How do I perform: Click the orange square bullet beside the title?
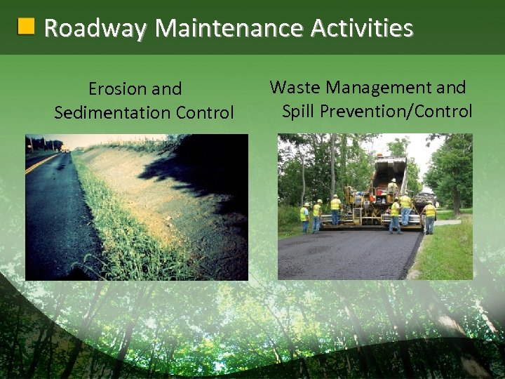26,27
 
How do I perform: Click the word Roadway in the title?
95,28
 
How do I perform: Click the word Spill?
297,111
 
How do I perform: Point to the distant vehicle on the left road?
65,148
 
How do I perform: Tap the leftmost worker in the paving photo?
305,217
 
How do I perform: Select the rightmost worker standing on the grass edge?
429,217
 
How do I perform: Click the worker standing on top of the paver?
393,187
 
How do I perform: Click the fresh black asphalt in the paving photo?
344,256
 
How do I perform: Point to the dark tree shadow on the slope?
203,168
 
